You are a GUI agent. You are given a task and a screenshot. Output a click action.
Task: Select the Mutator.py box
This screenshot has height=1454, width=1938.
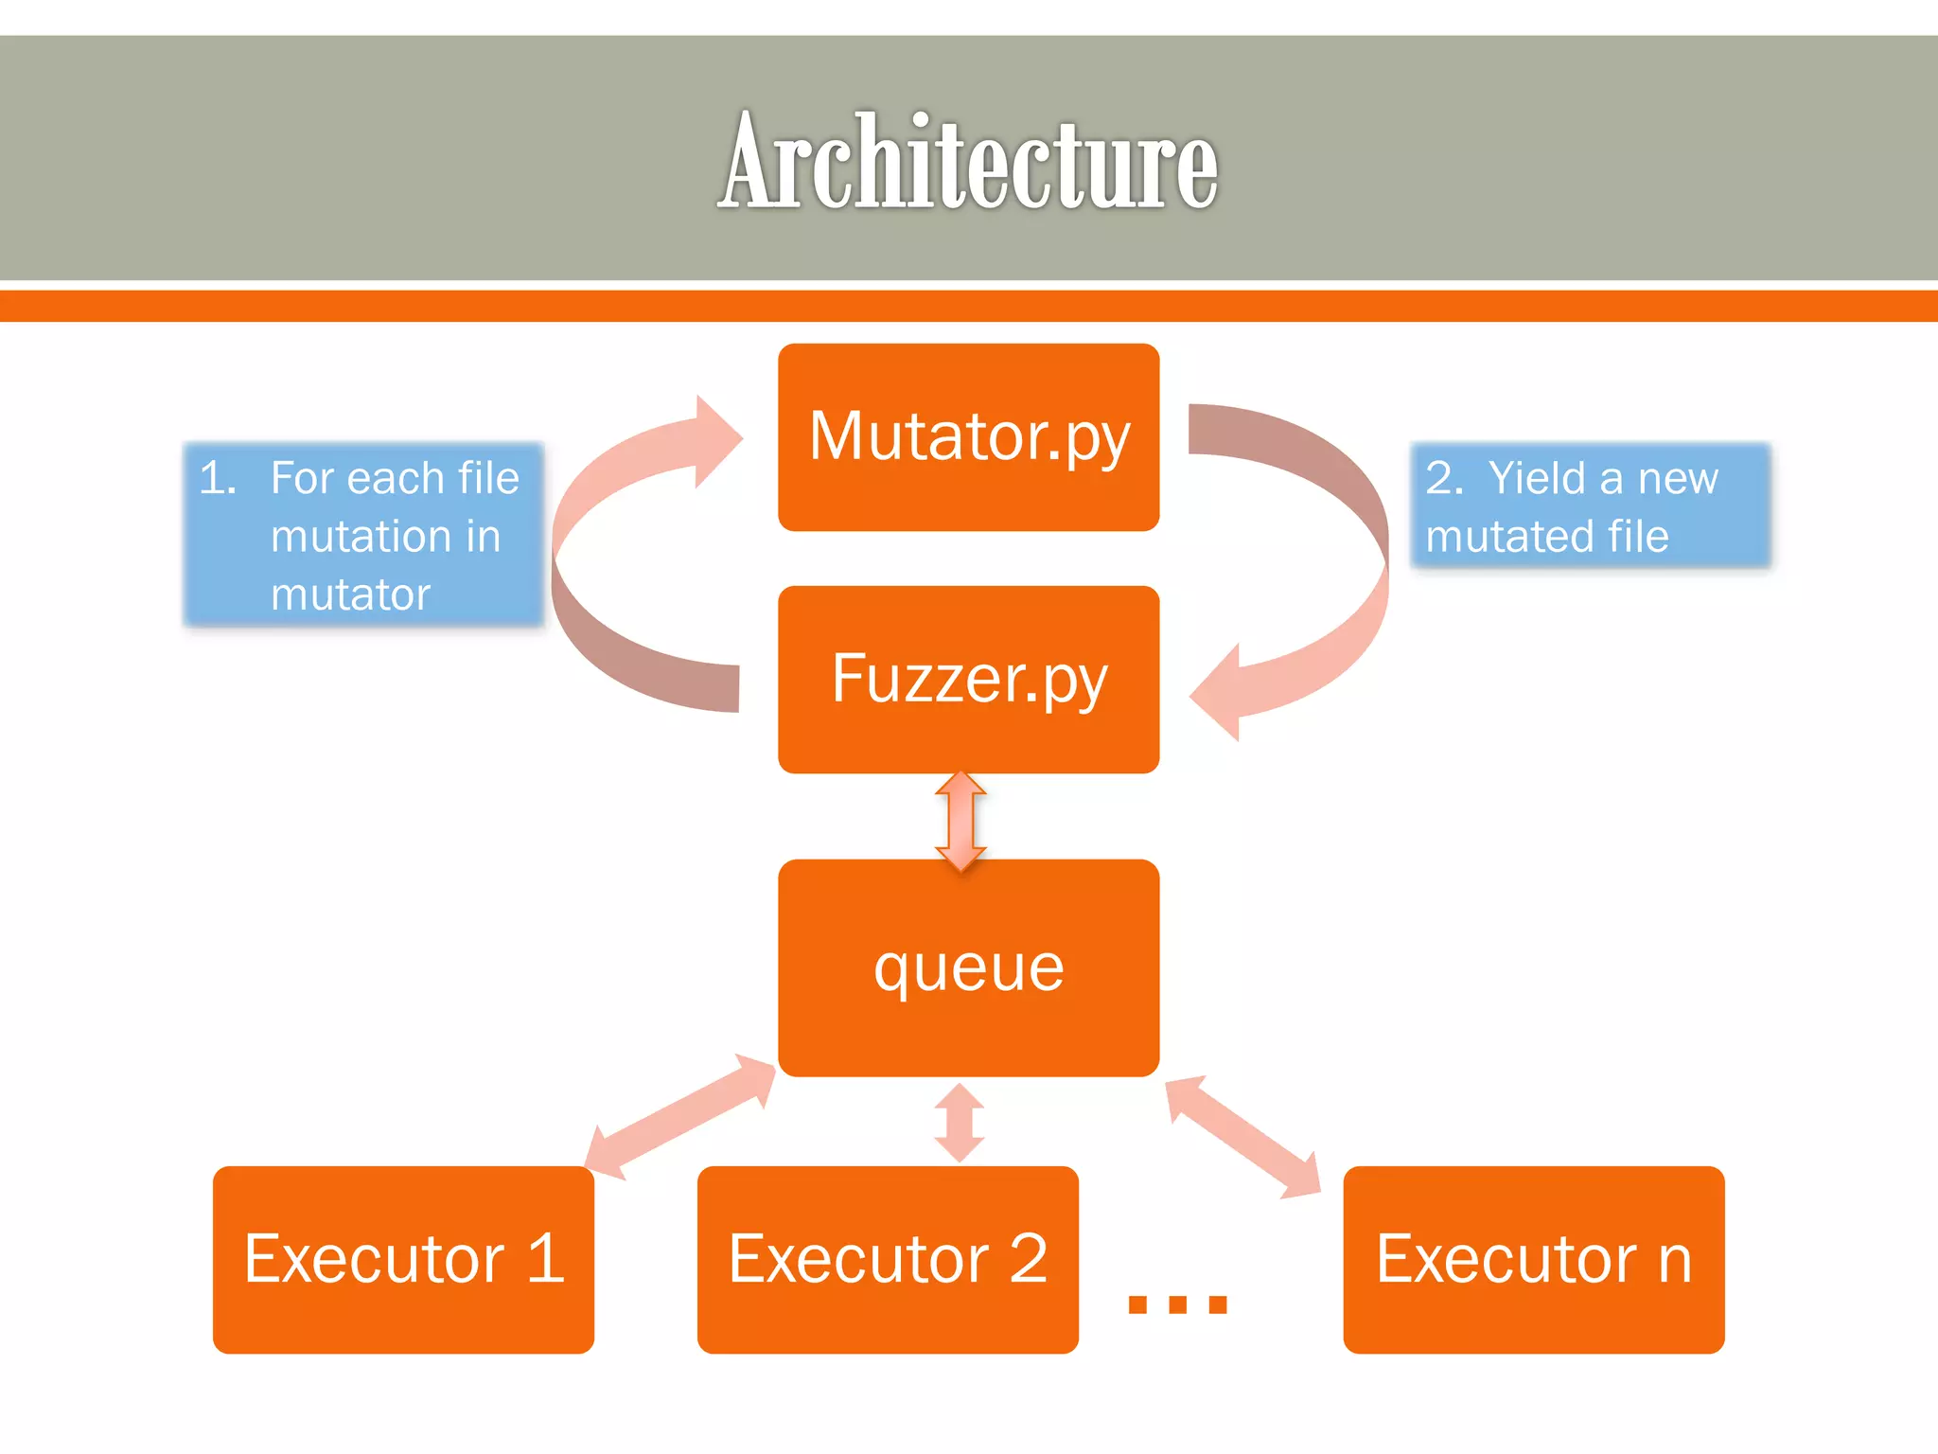click(968, 436)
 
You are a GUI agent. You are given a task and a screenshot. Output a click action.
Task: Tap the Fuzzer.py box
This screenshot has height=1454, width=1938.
click(968, 679)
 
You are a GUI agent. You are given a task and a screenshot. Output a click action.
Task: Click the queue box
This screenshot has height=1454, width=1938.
click(968, 967)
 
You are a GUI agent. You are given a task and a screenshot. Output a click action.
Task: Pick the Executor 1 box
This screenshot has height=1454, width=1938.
click(403, 1259)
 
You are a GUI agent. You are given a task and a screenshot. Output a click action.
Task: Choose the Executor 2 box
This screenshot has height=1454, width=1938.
click(888, 1259)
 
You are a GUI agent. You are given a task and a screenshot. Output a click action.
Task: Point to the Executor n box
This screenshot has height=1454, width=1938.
click(1533, 1259)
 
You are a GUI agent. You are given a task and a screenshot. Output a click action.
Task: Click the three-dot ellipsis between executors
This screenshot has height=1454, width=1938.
click(1177, 1304)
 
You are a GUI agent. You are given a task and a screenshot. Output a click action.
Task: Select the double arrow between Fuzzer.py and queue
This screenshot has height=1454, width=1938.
click(960, 820)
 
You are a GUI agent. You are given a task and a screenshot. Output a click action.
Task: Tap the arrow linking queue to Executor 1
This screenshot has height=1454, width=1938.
click(680, 1117)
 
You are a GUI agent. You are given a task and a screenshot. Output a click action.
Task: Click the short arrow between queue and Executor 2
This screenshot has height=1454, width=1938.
click(960, 1123)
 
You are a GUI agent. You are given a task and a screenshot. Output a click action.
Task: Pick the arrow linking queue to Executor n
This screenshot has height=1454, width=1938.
click(1242, 1136)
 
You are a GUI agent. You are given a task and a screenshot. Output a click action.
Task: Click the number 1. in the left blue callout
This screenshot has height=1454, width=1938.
click(218, 478)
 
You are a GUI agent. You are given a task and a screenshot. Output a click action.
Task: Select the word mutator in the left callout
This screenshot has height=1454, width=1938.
click(350, 594)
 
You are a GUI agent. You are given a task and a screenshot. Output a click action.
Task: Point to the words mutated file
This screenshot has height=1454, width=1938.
click(1546, 536)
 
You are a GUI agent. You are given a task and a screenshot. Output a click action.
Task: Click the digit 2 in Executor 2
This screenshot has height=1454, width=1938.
click(1028, 1259)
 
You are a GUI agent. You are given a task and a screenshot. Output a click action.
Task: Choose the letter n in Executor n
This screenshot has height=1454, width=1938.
click(1674, 1261)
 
